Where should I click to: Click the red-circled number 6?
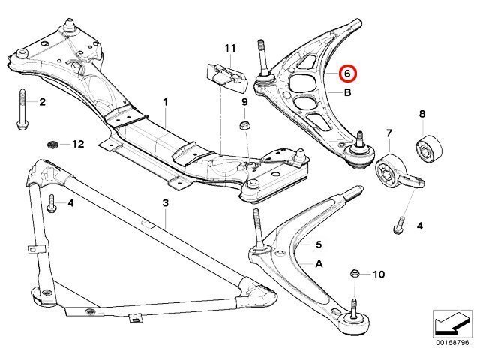click(x=347, y=73)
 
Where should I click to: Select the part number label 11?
click(x=230, y=48)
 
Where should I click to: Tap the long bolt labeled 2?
click(x=22, y=109)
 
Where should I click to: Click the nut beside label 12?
click(x=53, y=144)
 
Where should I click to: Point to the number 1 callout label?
click(x=166, y=102)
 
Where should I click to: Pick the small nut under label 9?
click(x=244, y=125)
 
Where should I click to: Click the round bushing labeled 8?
click(x=430, y=149)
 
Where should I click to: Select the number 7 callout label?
click(x=389, y=133)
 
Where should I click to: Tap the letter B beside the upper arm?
click(x=348, y=92)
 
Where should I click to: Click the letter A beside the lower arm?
click(x=319, y=263)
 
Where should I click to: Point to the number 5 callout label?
click(x=319, y=244)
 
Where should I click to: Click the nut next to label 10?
click(x=355, y=273)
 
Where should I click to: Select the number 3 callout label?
click(x=165, y=203)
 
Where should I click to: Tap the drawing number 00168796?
click(x=452, y=343)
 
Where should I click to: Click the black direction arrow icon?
click(x=452, y=325)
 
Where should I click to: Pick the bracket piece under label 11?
click(x=226, y=77)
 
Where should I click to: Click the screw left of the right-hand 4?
click(x=398, y=225)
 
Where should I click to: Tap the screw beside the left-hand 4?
click(x=51, y=203)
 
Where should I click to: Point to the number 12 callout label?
click(x=78, y=144)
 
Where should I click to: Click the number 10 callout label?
click(x=379, y=274)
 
